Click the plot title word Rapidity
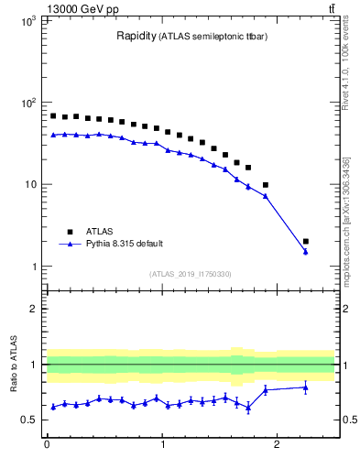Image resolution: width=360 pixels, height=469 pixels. coord(135,37)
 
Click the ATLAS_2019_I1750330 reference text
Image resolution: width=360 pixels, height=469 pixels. coord(190,274)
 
